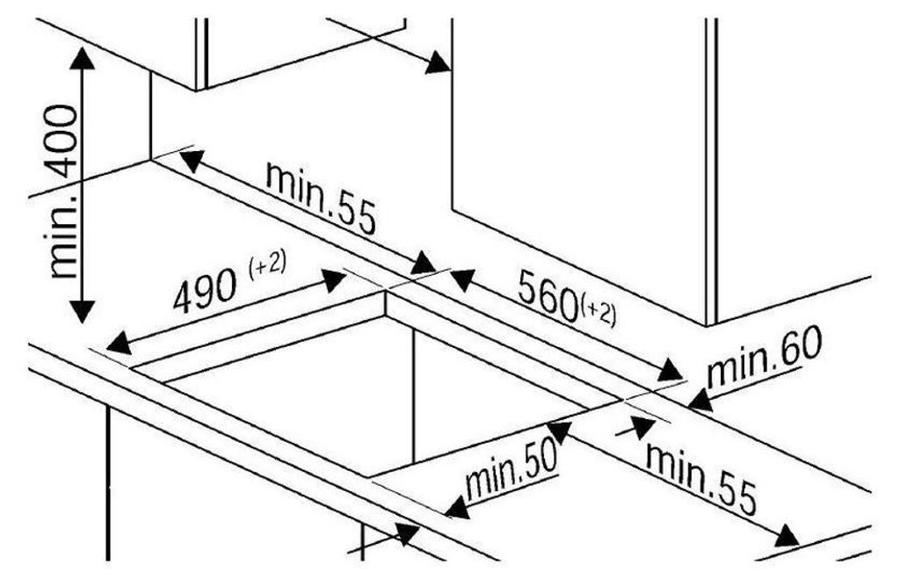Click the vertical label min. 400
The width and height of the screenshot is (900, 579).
pos(62,192)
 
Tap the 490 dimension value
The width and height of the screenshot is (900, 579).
pos(205,290)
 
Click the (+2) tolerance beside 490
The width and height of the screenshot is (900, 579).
pos(267,266)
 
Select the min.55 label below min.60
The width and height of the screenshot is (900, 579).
pos(701,478)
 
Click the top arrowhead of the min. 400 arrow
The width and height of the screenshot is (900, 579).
pos(83,59)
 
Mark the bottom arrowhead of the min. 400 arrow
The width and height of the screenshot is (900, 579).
pos(83,311)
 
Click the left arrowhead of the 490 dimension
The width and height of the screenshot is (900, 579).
pos(119,344)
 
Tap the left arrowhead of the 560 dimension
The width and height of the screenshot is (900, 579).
pos(462,280)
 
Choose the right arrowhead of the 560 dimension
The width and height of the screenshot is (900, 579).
pos(670,370)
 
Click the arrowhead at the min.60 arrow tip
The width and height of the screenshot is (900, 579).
pos(700,400)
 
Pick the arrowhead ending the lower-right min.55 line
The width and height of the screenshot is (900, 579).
pos(787,537)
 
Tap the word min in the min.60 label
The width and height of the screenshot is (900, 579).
pos(736,366)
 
